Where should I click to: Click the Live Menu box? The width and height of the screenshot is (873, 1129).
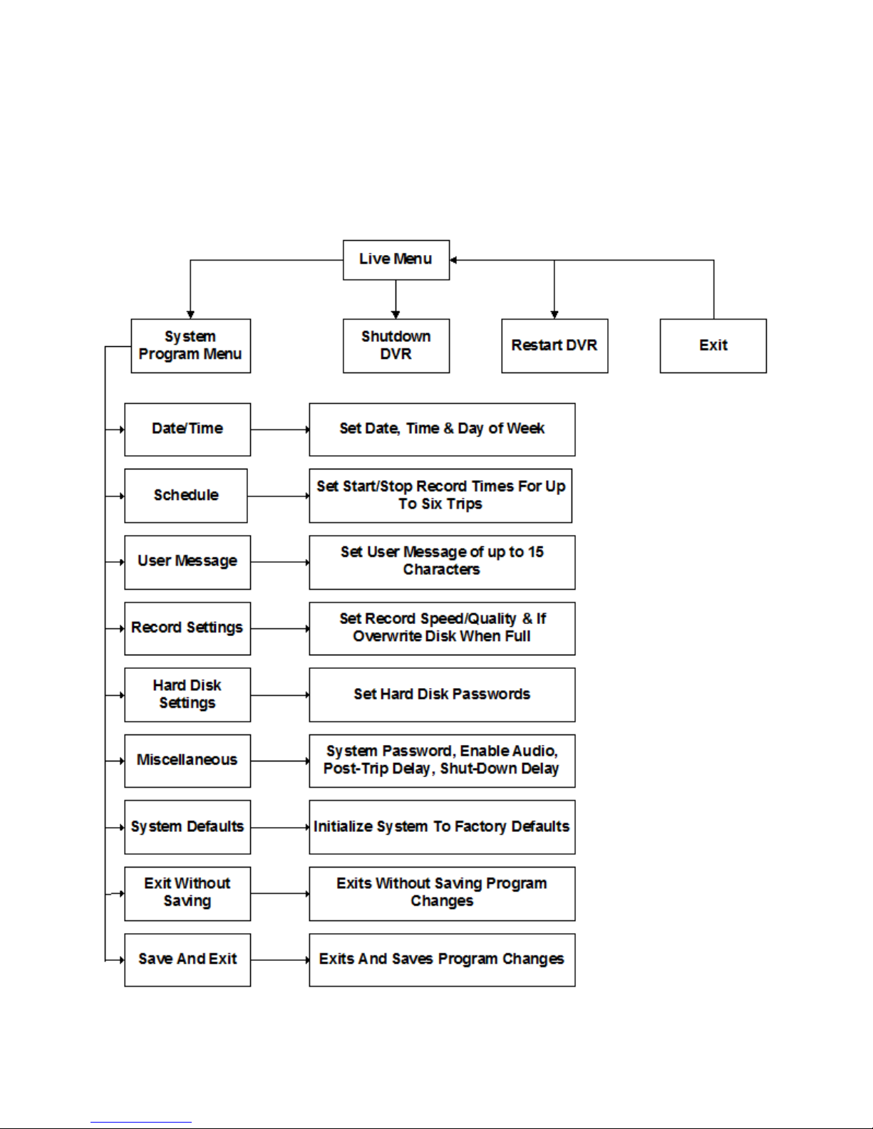[x=396, y=260]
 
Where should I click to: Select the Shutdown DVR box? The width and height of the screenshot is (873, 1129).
[x=396, y=345]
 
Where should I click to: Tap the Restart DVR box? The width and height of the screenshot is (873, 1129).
[x=554, y=345]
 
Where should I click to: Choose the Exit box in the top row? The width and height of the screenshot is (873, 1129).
[x=713, y=345]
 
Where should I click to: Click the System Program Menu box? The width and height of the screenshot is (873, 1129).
[x=191, y=345]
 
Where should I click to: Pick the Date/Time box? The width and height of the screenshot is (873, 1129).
[x=187, y=430]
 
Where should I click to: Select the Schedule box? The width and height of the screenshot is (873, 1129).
[x=186, y=496]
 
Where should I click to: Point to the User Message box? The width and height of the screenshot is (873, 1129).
[x=187, y=562]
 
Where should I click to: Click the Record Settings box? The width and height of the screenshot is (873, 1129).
[x=187, y=629]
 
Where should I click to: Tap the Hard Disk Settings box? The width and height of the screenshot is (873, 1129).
[x=187, y=694]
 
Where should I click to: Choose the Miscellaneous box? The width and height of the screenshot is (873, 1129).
[x=187, y=761]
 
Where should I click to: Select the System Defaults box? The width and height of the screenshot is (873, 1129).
[x=187, y=827]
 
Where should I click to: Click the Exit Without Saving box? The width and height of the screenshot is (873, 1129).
[x=187, y=894]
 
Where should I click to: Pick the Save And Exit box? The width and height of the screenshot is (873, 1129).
[x=187, y=960]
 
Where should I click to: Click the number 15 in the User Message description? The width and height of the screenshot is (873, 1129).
[x=535, y=552]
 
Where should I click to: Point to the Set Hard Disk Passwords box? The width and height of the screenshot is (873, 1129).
[x=443, y=694]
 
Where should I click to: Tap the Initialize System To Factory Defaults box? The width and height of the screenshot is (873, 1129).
[x=443, y=827]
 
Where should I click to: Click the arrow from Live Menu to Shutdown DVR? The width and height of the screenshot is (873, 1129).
[x=396, y=299]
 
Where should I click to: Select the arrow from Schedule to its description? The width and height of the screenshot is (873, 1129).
[x=279, y=496]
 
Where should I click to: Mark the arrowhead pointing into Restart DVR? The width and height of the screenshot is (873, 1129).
[x=554, y=315]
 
